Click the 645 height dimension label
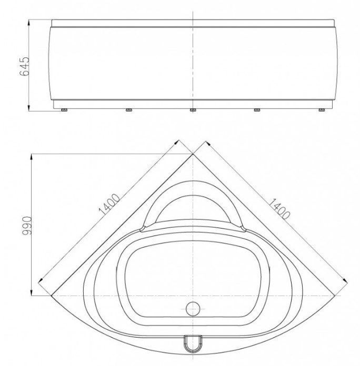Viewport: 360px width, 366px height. pos(25,66)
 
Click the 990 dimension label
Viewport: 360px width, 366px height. pos(26,225)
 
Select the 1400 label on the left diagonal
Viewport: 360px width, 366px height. pos(109,204)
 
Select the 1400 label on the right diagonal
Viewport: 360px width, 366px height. pos(279,209)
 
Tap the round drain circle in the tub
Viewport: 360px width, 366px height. pos(193,309)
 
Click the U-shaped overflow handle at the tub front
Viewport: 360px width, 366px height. pos(193,344)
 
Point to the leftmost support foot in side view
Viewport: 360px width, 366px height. pos(64,110)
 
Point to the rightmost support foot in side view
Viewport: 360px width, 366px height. pos(322,110)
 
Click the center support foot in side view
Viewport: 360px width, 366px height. pos(193,110)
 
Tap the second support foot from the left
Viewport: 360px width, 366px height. pos(129,110)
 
